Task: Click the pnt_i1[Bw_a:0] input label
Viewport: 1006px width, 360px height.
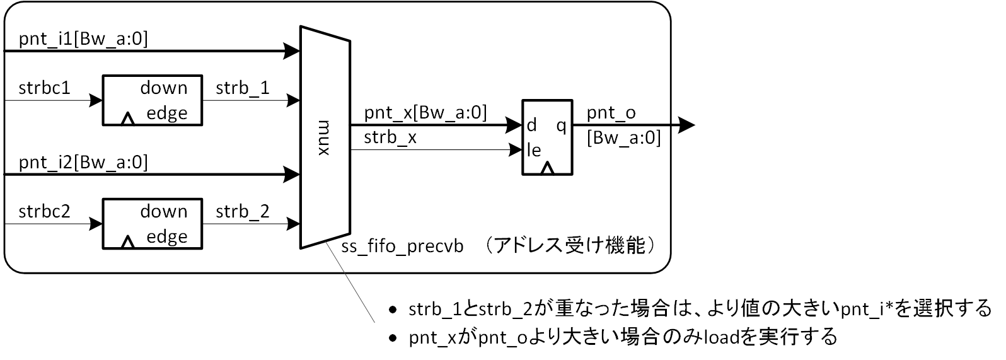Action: (83, 40)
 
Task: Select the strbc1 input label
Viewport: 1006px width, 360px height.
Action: (44, 88)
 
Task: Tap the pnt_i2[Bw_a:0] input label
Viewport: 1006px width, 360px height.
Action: (83, 163)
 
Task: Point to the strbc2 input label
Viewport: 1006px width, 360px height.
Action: (44, 212)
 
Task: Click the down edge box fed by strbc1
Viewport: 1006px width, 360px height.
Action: (153, 100)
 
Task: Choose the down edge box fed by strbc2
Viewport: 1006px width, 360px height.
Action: (153, 224)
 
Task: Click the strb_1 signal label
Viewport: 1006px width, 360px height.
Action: (243, 88)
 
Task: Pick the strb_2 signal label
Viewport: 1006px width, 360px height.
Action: (243, 212)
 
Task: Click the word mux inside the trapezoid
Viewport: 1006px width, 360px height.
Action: (324, 137)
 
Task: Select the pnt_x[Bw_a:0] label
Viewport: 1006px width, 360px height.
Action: (425, 113)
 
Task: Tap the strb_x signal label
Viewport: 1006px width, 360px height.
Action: (390, 138)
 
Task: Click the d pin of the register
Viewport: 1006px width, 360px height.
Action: (531, 125)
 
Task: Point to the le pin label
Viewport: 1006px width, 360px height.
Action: (533, 150)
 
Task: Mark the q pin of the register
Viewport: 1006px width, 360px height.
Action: (561, 125)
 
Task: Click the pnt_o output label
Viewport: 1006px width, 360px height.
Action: (611, 113)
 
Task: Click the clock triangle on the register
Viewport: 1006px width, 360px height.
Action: (547, 168)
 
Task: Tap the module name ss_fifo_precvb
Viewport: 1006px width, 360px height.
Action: (402, 247)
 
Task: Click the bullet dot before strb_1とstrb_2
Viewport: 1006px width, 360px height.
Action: (393, 310)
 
